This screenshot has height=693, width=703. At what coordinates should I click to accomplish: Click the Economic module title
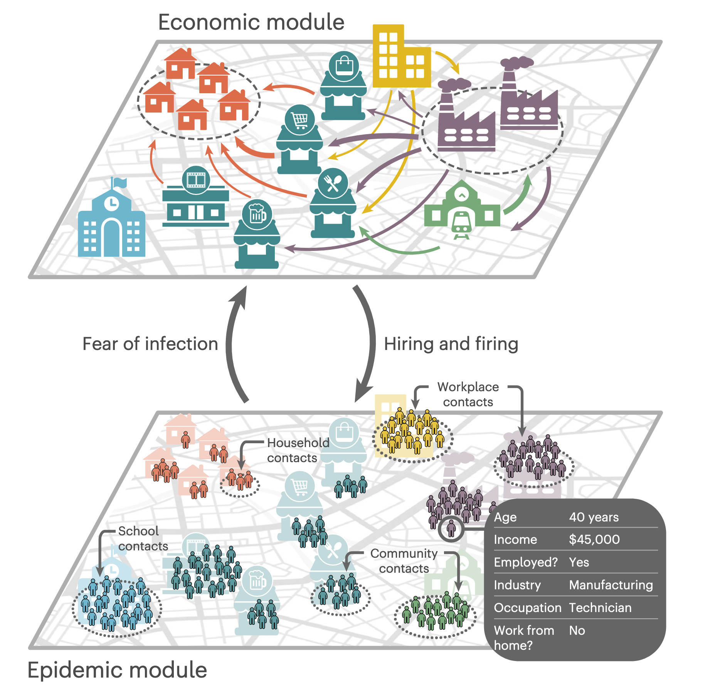coord(251,22)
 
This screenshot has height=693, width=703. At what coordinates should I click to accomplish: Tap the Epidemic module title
coord(117,670)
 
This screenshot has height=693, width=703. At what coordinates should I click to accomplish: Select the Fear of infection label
coord(150,344)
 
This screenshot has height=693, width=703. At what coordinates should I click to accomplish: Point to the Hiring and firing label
coord(451,344)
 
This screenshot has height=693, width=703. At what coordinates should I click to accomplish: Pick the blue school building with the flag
coord(111,224)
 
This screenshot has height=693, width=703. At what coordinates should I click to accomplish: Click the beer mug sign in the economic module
coord(257,214)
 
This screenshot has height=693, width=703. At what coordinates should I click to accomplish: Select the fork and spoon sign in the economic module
coord(332,183)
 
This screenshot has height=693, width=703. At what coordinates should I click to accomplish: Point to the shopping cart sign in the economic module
coord(299,120)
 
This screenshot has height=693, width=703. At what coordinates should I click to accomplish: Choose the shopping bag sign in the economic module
coord(344,66)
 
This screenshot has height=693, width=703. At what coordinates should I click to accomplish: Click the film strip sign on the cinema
coord(196,180)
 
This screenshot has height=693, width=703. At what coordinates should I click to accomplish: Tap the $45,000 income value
coord(594,539)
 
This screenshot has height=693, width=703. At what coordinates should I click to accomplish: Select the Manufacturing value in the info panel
coord(611,585)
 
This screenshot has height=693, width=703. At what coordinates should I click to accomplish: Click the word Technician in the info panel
coord(600,607)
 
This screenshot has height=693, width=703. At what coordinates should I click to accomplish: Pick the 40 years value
coord(594,517)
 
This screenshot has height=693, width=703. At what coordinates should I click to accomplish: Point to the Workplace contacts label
coord(468,394)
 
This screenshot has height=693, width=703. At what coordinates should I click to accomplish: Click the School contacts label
coord(143,538)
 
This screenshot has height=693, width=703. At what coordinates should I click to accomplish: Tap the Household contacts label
coord(298,450)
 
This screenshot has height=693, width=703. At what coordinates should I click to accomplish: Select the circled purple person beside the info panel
coord(451,529)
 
